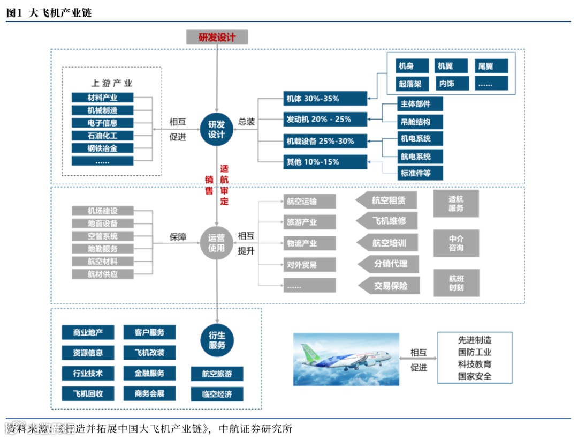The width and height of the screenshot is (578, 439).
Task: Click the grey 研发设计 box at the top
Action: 217,37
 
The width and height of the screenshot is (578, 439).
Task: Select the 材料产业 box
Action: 102,98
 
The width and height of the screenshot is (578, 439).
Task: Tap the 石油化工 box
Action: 102,135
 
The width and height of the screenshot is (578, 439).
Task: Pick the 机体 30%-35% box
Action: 325,99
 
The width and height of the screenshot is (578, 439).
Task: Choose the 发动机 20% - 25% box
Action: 325,119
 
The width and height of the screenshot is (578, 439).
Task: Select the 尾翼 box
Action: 491,66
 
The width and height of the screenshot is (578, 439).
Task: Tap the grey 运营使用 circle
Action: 217,243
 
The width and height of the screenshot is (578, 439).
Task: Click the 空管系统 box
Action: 102,236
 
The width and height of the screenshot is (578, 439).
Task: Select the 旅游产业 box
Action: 310,222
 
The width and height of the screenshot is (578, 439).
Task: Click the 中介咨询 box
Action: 456,243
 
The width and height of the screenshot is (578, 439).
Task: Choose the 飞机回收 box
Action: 88,393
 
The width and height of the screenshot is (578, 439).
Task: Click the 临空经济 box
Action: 217,395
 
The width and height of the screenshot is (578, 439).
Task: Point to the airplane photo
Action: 346,359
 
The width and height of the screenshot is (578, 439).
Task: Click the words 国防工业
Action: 475,352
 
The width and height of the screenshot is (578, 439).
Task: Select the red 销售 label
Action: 209,184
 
